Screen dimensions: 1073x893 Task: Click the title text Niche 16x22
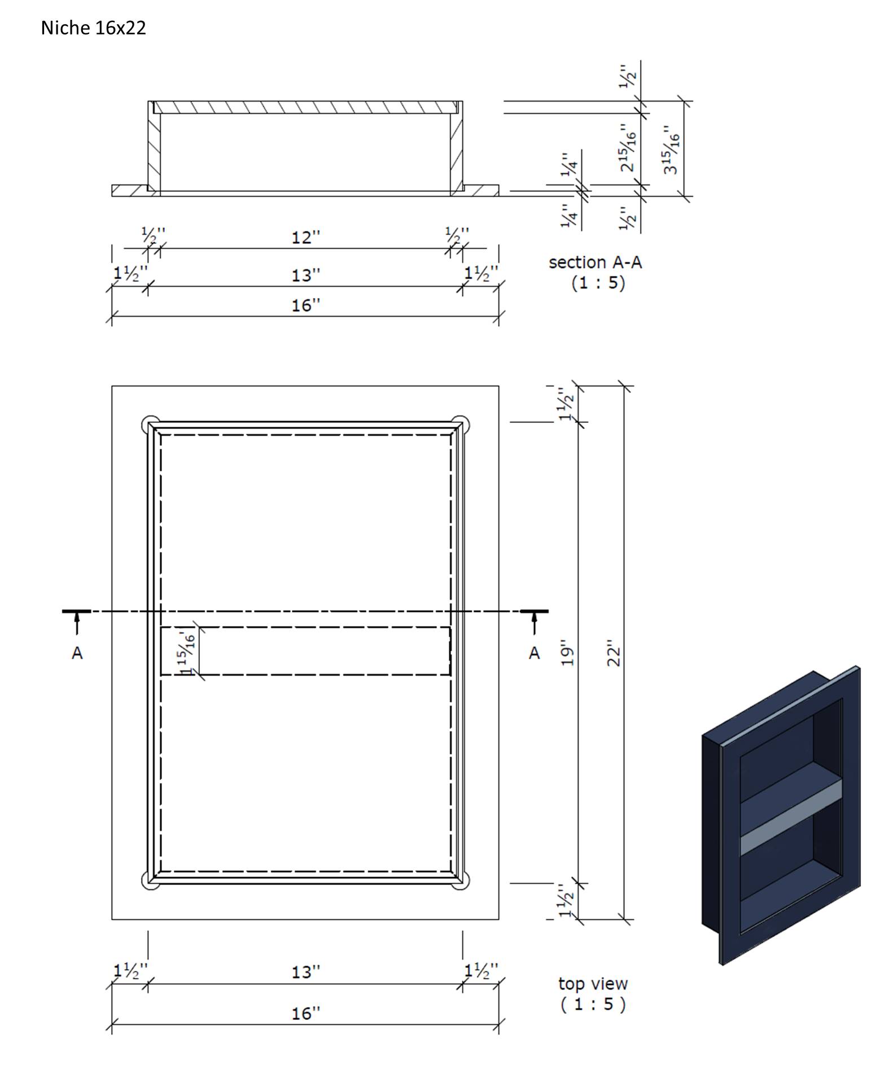[93, 28]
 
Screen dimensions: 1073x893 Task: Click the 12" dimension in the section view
[305, 238]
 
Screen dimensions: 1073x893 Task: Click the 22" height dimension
[614, 653]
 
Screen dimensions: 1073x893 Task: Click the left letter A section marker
[77, 653]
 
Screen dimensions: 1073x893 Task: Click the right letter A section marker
[534, 653]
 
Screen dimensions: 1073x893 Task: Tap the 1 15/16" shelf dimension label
[186, 652]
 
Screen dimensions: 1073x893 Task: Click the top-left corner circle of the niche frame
[150, 424]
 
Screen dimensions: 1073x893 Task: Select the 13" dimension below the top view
[305, 972]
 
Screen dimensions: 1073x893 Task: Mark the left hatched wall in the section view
[154, 150]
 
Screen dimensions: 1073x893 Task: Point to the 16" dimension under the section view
[305, 305]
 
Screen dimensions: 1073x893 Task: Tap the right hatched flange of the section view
[480, 190]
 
